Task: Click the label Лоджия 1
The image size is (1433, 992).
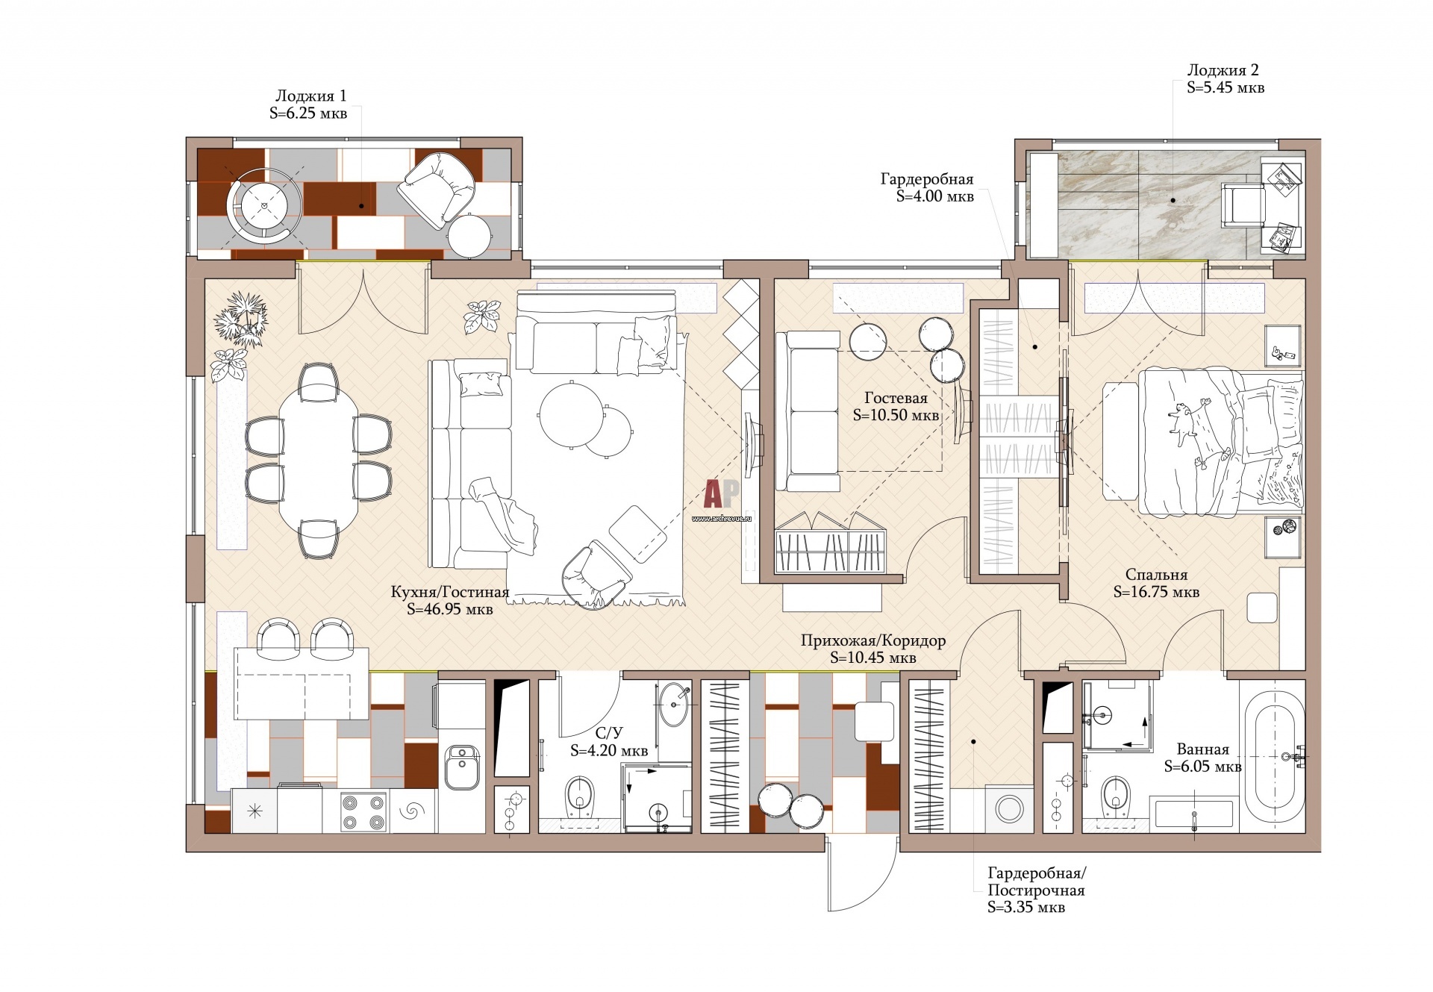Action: [x=310, y=96]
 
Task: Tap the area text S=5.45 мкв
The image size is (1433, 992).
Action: [x=1226, y=87]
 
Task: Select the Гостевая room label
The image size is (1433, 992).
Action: [x=896, y=398]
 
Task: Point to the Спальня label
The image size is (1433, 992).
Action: [x=1156, y=575]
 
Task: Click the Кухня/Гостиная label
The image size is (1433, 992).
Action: [x=450, y=592]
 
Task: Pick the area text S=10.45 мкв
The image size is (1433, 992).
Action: [x=872, y=658]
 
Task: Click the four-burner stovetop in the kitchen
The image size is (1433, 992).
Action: [x=363, y=811]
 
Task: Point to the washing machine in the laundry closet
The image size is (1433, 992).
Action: [x=1010, y=808]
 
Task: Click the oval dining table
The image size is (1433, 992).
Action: [x=319, y=461]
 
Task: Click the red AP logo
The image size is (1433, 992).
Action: [x=722, y=493]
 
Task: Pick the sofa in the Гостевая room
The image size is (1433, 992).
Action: [x=808, y=411]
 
